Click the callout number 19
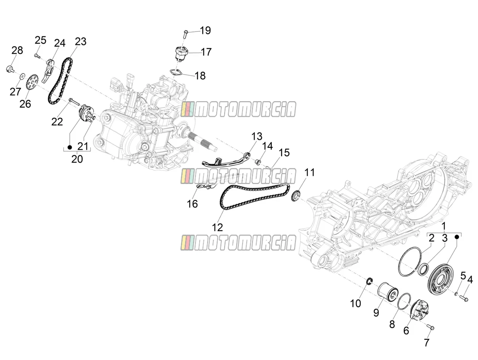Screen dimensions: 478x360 click(206, 31)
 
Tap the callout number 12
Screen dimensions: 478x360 click(217, 227)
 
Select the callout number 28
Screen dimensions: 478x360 click(17, 50)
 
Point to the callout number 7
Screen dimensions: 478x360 click(426, 342)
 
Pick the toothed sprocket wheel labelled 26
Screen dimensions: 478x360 click(32, 84)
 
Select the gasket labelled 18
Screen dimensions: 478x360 click(176, 72)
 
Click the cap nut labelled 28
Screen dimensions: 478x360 click(10, 69)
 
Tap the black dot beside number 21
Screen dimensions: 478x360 click(70, 147)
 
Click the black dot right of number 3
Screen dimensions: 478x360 click(457, 237)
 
